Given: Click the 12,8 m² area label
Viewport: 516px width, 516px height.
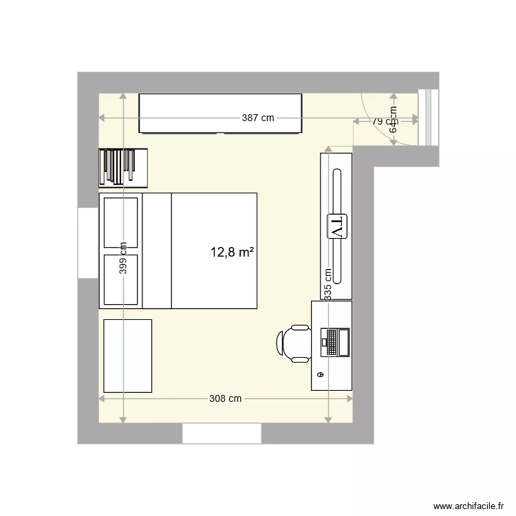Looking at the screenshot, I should tap(232, 252).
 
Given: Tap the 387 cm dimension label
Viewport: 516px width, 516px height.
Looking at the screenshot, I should tap(258, 118).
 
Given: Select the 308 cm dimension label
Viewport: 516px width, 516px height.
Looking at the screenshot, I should tap(225, 398).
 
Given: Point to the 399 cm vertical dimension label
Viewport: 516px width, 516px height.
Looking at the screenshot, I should tap(123, 259).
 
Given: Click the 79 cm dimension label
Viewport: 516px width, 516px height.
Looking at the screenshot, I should tap(378, 121).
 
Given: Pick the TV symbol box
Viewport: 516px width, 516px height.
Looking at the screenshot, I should tap(338, 225).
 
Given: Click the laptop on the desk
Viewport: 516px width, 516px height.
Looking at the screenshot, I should tap(336, 342).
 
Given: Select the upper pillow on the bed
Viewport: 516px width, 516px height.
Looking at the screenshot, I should tap(120, 222).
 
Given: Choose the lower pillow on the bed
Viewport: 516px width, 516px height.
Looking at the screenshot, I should tap(120, 279).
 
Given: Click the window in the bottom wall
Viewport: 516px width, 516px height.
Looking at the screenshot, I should tap(222, 433).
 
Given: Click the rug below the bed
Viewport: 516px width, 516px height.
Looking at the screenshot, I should tap(127, 355).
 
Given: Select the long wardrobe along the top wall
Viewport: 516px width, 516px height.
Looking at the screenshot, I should tap(220, 114).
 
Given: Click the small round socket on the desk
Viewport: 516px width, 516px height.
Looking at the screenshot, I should tap(320, 374).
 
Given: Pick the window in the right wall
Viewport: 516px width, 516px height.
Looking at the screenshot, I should tap(429, 118).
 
